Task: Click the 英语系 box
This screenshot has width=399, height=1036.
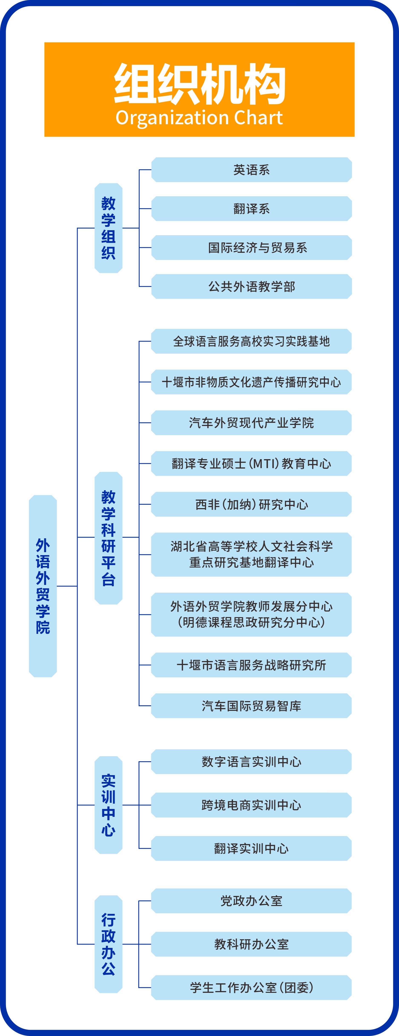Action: coord(251,170)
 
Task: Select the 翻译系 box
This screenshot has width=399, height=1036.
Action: coord(251,209)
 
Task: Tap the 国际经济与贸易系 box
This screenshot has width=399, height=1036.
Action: coord(251,248)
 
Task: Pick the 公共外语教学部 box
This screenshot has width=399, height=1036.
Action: coord(251,286)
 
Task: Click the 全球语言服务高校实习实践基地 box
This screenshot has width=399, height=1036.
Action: coord(251,342)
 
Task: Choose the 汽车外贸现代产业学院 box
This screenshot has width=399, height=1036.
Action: coord(251,423)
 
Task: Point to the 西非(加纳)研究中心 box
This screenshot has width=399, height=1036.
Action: coord(251,504)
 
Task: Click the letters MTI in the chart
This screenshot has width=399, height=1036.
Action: coord(264,464)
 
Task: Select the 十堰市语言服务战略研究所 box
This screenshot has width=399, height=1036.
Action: coord(251,665)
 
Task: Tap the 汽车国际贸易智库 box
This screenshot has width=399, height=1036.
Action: coord(251,706)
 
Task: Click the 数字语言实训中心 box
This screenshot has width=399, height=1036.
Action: coord(251,762)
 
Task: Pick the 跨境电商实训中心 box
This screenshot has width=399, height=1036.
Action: coord(251,805)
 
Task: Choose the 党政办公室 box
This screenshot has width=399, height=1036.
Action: coord(251,901)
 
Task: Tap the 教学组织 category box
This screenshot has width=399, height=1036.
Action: coord(108,228)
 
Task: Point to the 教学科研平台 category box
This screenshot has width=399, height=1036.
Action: coord(108,538)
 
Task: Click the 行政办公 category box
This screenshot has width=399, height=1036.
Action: coord(108,944)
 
